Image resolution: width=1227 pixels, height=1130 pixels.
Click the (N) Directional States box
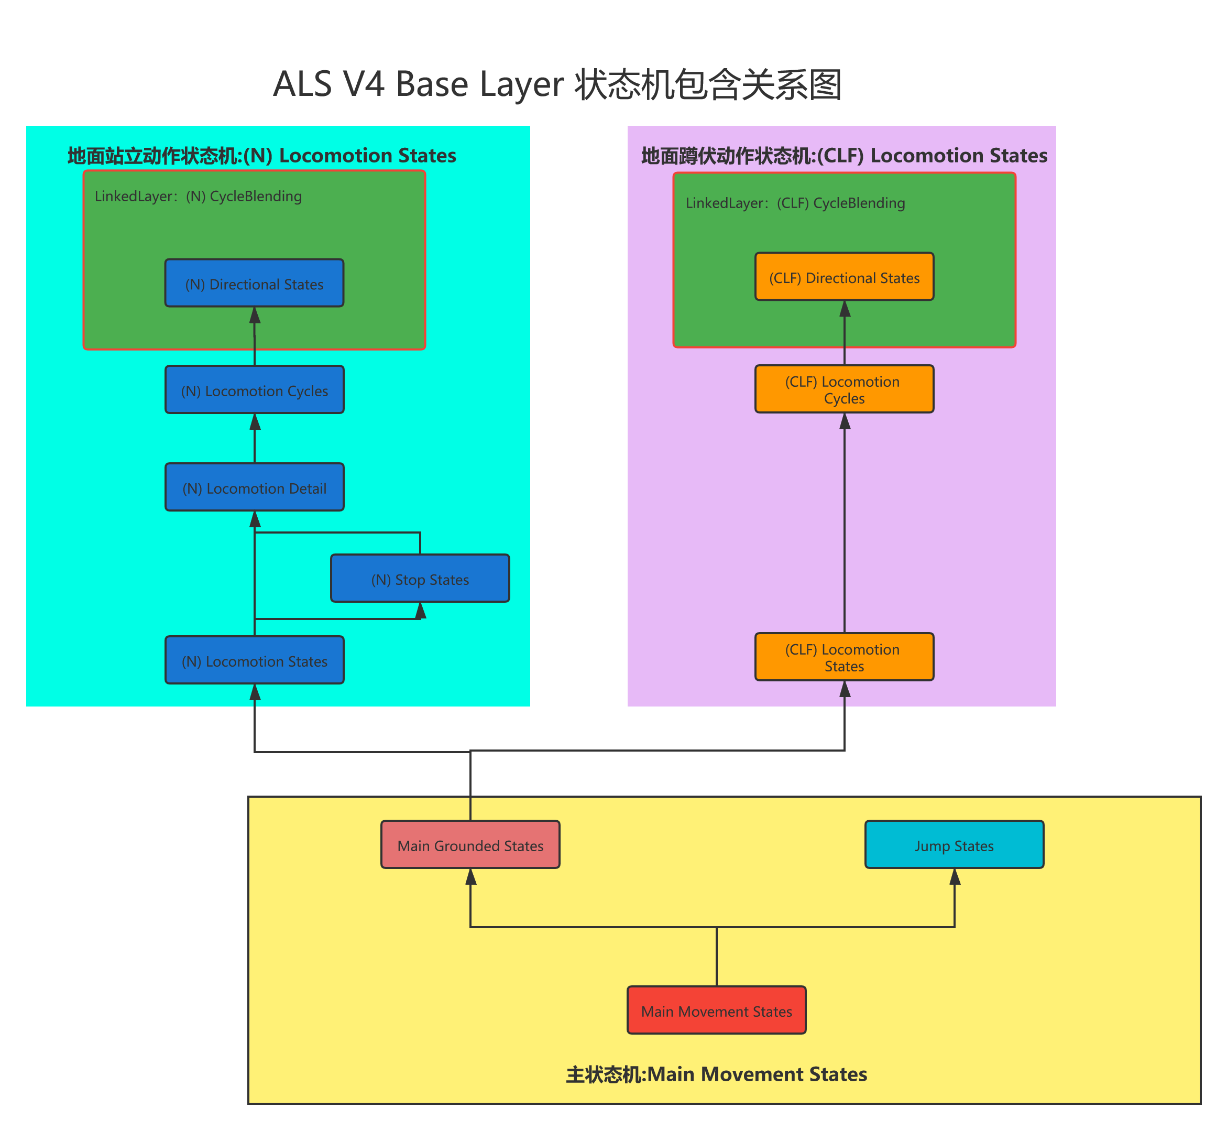(x=254, y=283)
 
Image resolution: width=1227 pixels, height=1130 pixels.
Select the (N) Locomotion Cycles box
(x=254, y=389)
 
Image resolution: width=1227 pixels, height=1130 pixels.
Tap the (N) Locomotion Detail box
(x=254, y=487)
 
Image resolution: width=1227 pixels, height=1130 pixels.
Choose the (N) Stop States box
(x=420, y=579)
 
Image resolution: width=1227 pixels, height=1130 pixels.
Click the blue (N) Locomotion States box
(x=254, y=660)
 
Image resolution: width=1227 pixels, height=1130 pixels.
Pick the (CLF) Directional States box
(x=845, y=277)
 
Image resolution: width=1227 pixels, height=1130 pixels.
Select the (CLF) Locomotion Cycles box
(x=845, y=389)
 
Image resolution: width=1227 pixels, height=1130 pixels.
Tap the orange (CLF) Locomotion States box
(x=845, y=657)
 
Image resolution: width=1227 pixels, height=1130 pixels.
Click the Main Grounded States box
(x=470, y=845)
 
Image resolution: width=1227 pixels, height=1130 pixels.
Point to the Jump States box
(x=955, y=845)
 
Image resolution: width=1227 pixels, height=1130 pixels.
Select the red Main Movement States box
(x=717, y=1011)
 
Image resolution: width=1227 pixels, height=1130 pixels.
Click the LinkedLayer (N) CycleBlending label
(x=198, y=196)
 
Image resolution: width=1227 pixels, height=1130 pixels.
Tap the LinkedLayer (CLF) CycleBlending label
(x=795, y=203)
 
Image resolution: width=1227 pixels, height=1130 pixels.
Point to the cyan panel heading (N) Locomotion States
(x=261, y=156)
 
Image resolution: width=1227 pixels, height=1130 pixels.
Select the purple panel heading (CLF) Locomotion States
(x=845, y=156)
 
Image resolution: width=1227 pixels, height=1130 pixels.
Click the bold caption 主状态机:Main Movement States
(x=717, y=1074)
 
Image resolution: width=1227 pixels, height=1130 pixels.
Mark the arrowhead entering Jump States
(x=955, y=877)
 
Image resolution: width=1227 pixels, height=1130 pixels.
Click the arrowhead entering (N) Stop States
(x=421, y=610)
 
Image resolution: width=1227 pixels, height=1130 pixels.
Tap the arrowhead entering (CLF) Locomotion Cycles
(x=845, y=421)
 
